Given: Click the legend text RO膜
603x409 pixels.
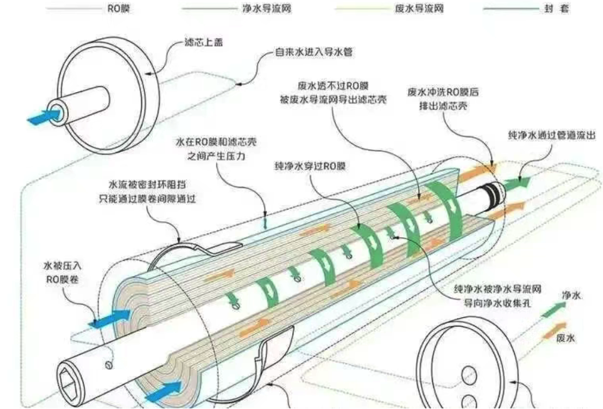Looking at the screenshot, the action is pyautogui.click(x=118, y=8).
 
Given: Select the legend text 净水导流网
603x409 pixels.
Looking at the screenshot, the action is pyautogui.click(x=266, y=8).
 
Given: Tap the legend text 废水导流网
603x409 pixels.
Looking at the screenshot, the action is pyautogui.click(x=419, y=8).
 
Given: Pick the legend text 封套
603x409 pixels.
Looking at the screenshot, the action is pyautogui.click(x=557, y=8).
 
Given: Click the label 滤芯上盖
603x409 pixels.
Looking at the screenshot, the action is pyautogui.click(x=204, y=42).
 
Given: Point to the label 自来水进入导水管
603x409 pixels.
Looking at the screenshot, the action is pyautogui.click(x=313, y=52).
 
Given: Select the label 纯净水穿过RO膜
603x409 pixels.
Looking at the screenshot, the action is pyautogui.click(x=310, y=166).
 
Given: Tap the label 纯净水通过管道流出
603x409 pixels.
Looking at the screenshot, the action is pyautogui.click(x=552, y=135).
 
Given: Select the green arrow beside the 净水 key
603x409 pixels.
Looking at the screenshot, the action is pyautogui.click(x=553, y=309).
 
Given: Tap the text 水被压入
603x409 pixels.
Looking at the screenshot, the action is pyautogui.click(x=63, y=266).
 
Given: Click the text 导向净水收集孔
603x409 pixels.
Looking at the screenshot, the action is pyautogui.click(x=497, y=303).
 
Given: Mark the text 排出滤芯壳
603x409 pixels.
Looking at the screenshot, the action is pyautogui.click(x=443, y=106).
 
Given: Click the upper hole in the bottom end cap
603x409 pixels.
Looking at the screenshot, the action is pyautogui.click(x=469, y=374).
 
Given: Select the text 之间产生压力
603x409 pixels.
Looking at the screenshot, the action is pyautogui.click(x=216, y=157).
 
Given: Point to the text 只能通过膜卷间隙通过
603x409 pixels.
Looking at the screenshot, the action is pyautogui.click(x=148, y=199).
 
